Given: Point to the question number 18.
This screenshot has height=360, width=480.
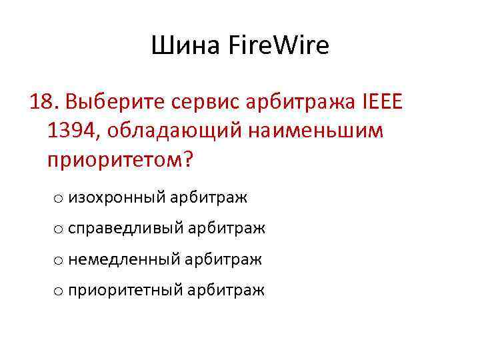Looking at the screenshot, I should (43, 103).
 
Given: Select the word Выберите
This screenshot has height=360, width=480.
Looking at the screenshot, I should (115, 103).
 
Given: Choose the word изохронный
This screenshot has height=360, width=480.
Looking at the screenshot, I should (117, 197).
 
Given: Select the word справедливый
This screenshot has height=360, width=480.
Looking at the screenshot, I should (125, 229).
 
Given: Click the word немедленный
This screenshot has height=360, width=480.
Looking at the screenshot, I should (125, 259).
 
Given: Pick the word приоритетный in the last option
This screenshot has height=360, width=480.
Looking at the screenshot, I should (125, 290).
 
